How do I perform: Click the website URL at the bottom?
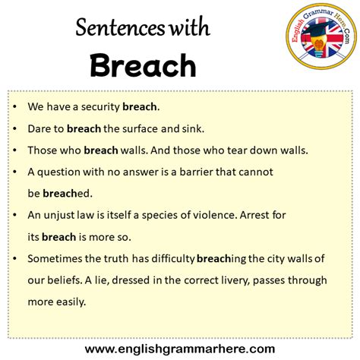[180, 349]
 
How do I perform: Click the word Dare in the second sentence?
[39, 128]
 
